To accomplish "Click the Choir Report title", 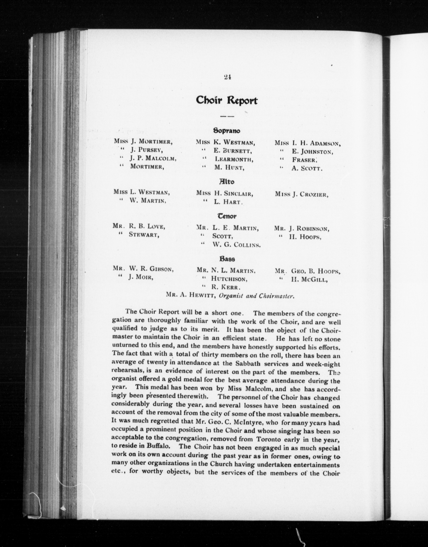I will click(227, 101).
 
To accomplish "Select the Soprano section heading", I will click(227, 131).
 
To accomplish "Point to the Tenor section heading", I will click(227, 216).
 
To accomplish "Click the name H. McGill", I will click(308, 280).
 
